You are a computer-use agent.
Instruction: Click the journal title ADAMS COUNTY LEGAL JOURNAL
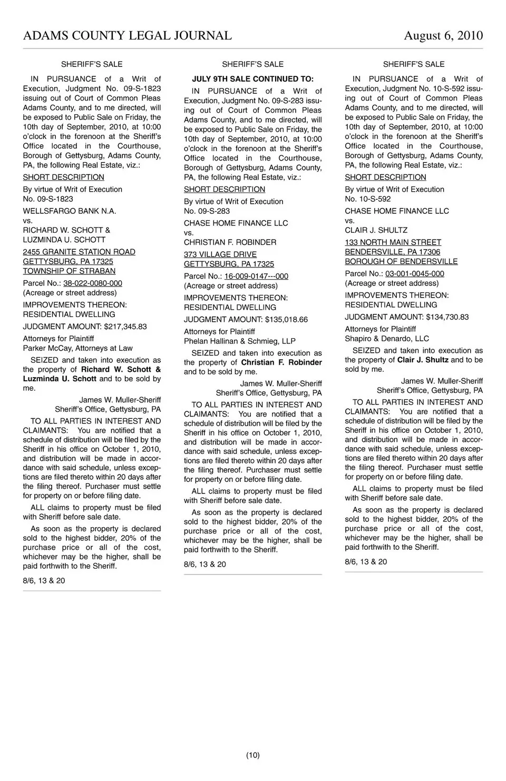127,36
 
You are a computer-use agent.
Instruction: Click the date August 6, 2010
443,36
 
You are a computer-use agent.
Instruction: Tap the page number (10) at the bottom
253,755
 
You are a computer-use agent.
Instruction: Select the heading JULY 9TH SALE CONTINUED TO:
252,79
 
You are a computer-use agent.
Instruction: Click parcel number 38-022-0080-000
93,283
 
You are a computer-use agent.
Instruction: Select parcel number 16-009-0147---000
256,276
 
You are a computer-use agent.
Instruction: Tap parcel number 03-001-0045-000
414,274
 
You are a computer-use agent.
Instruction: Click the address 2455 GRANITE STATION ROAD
79,252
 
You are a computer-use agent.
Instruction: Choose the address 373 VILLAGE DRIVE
220,254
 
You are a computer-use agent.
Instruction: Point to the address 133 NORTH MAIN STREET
393,242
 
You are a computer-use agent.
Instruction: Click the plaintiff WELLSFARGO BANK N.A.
70,211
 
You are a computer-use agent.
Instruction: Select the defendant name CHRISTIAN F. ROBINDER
230,242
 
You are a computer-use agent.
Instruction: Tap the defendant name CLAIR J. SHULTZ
376,230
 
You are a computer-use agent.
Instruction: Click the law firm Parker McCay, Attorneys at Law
77,348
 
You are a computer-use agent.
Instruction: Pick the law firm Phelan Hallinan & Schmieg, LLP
239,341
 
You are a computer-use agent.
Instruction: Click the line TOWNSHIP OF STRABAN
69,271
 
